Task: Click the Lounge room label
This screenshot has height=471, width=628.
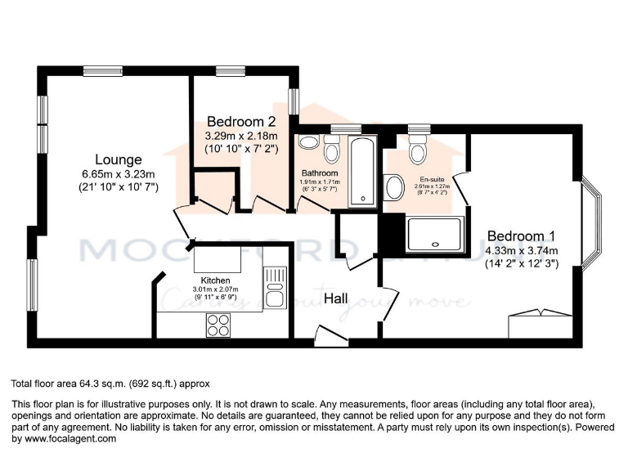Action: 119,159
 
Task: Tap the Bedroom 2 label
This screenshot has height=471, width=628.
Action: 241,121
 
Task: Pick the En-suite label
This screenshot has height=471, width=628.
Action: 433,178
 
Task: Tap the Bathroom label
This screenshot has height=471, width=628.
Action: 319,173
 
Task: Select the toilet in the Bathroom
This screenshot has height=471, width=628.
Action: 332,150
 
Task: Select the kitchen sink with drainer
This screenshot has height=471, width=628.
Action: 274,288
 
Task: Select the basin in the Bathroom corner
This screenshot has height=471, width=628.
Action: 308,143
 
